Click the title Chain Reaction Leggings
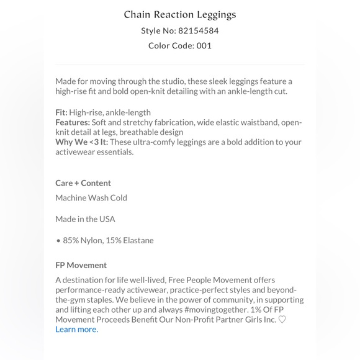179,14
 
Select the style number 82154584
198,30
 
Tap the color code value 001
204,45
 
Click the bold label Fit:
61,112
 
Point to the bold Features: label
73,122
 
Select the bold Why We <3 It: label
81,142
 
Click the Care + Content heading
83,182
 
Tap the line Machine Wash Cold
91,197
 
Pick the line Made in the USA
85,218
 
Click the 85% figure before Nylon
71,240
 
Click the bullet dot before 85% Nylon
58,240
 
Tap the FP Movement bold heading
81,265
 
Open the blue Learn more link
76,329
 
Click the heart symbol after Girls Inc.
282,320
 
